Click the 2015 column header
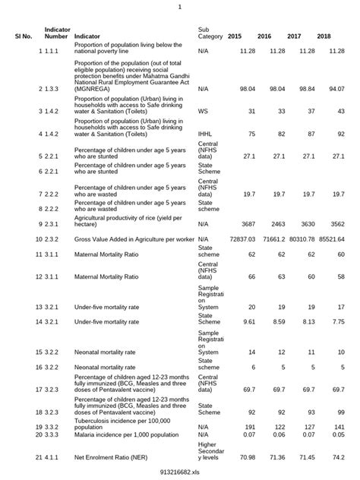pos(235,36)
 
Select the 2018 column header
pos(324,36)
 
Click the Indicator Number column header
pos(57,33)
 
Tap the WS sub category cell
pos(203,111)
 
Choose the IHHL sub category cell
pos(205,134)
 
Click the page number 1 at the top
pos(180,7)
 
